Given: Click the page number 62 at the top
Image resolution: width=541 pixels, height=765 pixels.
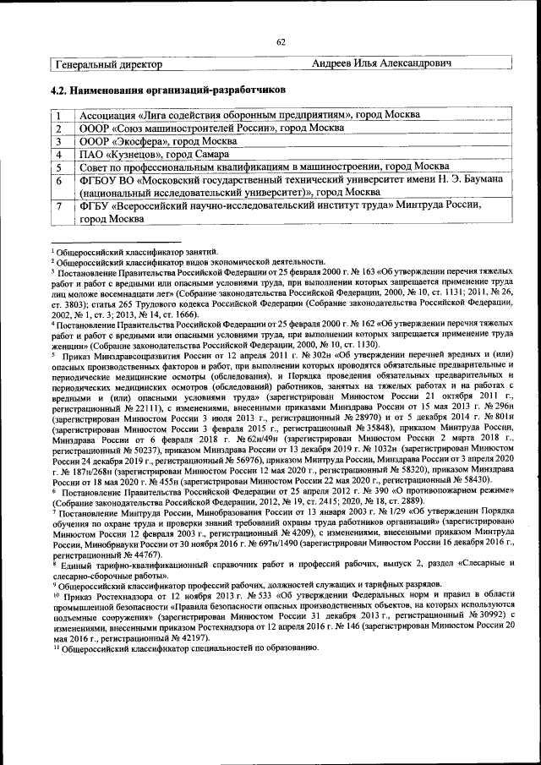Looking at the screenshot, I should (281, 43).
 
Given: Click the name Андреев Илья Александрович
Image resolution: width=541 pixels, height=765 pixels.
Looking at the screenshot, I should (380, 64).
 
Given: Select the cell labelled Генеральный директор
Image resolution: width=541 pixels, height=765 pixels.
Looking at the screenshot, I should (107, 64).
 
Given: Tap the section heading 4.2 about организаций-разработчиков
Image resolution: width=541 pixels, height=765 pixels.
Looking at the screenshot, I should (168, 89).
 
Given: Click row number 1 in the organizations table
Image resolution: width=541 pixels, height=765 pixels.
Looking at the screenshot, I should (60, 115).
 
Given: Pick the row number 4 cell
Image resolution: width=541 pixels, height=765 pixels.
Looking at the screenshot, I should (60, 155).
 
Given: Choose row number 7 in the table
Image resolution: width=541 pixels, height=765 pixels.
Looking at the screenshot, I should (60, 205).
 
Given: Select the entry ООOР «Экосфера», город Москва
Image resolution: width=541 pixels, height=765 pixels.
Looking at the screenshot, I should (158, 141).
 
